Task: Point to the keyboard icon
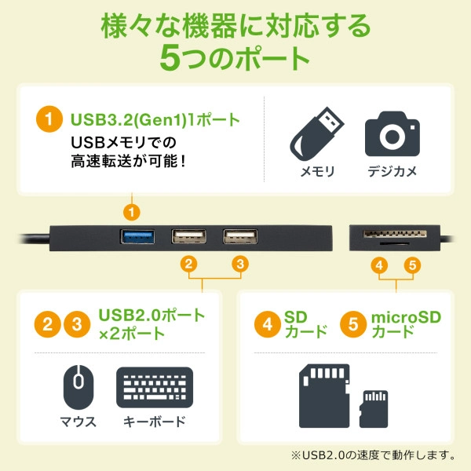tap(154, 386)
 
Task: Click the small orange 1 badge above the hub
tap(133, 211)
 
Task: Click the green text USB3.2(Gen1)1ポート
tap(155, 120)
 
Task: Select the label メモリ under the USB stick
tap(318, 171)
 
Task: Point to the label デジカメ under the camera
tap(392, 171)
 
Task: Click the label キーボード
tap(154, 422)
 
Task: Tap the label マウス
tap(78, 422)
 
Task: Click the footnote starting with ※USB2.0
tap(372, 455)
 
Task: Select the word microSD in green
tap(406, 316)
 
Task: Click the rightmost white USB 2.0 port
tap(240, 235)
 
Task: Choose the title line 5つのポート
tap(235, 58)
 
